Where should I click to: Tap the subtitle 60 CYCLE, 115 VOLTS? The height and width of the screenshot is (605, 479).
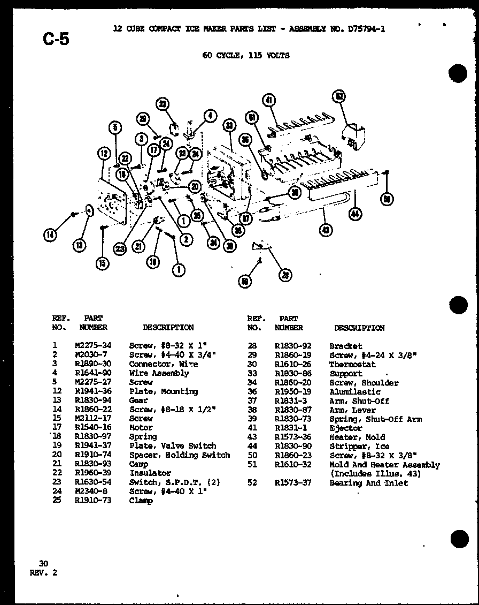[x=246, y=55]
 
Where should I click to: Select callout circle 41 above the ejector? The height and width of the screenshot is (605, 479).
[x=269, y=100]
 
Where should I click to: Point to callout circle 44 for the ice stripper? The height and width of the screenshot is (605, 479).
[x=354, y=214]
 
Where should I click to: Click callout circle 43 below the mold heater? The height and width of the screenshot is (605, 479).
[x=325, y=230]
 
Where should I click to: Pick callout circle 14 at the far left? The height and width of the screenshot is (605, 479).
[x=50, y=235]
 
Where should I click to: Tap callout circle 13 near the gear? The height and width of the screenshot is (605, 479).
[x=79, y=245]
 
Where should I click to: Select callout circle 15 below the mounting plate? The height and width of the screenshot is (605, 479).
[x=102, y=263]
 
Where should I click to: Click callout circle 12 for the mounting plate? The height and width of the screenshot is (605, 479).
[x=103, y=154]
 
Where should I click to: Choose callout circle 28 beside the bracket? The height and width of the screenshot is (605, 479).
[x=285, y=275]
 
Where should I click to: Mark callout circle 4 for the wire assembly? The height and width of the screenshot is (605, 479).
[x=210, y=115]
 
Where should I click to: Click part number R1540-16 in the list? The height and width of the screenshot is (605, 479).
[x=93, y=427]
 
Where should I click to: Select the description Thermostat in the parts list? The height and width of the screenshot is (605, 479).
[x=352, y=365]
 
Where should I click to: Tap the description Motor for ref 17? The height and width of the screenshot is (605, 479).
[x=141, y=427]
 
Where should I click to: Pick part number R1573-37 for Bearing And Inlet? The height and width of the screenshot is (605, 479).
[x=292, y=483]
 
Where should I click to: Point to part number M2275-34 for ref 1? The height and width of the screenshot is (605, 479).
[x=93, y=346]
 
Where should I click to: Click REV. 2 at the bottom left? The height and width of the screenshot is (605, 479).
[x=43, y=572]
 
